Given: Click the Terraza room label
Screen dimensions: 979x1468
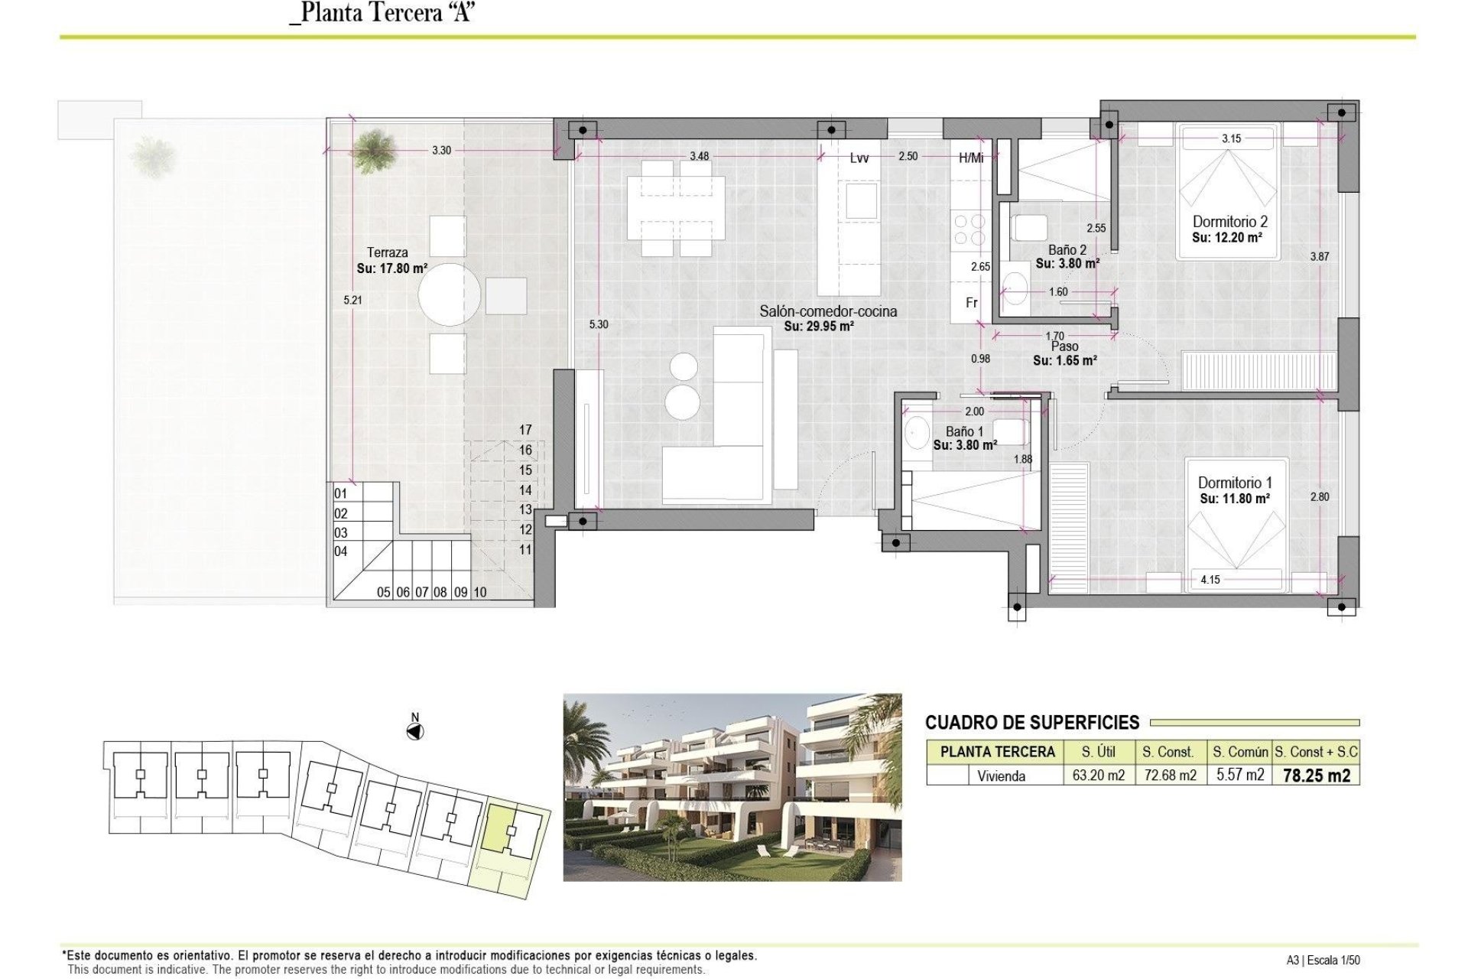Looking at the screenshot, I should coord(387,252).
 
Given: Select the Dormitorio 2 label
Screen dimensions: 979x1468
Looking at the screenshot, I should coord(1229,222).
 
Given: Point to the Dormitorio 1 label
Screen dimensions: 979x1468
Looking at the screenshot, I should coord(1234,483).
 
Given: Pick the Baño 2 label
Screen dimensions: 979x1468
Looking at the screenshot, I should coord(1067,250).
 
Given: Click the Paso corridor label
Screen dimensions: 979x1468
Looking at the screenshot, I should coord(1064,347).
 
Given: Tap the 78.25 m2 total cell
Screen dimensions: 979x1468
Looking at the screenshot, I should coord(1316,776).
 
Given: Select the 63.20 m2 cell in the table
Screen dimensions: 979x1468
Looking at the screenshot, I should coord(1098,776).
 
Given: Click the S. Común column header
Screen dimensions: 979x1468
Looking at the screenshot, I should coord(1239,752).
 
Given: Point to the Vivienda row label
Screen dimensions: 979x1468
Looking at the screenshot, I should coord(1001,776).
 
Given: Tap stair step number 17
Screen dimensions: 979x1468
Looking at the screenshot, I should coord(525,430).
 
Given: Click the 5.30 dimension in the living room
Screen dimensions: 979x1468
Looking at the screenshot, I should coord(599,324).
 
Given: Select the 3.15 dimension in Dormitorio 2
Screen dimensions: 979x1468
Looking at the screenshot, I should coord(1231,138).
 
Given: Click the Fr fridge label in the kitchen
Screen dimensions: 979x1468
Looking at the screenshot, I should coord(971,303).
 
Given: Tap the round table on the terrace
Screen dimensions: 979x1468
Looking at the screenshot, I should coord(450,295).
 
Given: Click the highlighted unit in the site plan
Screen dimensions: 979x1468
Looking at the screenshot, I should coord(499,827).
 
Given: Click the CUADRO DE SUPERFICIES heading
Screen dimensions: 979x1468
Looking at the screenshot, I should coord(1031,723).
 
